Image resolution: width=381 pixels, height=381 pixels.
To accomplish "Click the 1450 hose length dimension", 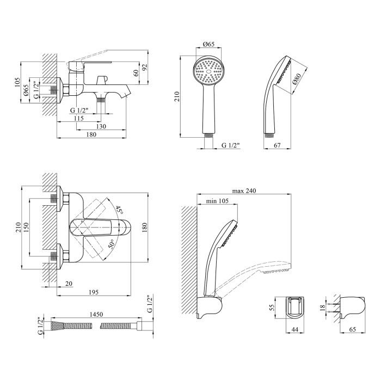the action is [96, 314].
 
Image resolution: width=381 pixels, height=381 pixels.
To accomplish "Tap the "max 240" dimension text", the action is [244, 190].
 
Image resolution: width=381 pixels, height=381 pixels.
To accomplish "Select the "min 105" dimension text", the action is [217, 201].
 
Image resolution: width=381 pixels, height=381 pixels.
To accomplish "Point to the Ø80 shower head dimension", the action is [297, 78].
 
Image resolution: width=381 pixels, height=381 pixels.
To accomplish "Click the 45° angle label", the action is [119, 210].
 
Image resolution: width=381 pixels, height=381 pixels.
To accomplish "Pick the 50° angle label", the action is [111, 244].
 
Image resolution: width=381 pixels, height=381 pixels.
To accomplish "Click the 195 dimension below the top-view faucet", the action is [94, 292].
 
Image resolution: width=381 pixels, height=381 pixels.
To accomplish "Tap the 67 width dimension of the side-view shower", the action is [277, 145].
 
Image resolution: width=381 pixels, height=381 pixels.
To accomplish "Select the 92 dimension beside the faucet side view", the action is [145, 67].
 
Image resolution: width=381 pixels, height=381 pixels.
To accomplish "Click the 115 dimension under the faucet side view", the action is [79, 118].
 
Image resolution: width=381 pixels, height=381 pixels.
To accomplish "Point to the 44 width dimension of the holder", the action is [294, 329].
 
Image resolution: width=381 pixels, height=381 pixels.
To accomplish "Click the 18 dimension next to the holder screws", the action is [322, 308].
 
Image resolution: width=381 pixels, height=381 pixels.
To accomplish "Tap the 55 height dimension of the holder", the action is [272, 308].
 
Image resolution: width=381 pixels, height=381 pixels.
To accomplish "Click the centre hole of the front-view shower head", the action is [208, 72].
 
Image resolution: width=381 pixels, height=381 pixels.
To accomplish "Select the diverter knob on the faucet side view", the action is [102, 80].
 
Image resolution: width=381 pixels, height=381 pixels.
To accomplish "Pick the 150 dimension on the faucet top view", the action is [26, 228].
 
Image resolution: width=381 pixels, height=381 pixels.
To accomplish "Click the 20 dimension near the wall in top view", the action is [69, 284].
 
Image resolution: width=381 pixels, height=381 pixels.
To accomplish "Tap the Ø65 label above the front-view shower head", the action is [208, 44].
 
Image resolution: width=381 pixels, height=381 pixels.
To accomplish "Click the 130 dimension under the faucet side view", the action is [101, 126].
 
